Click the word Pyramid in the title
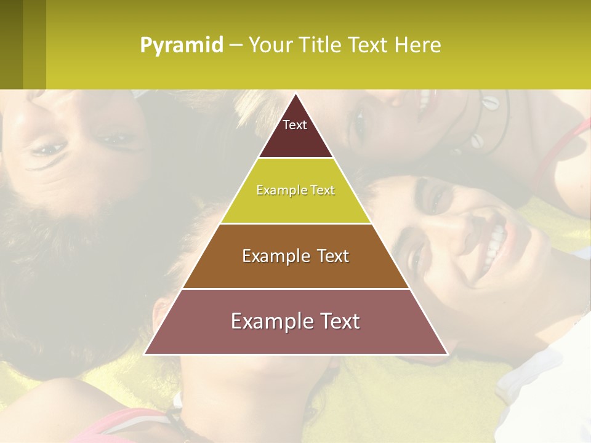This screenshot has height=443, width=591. point(182,46)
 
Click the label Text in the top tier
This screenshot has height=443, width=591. point(295,125)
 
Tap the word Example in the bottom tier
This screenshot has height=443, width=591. point(268,321)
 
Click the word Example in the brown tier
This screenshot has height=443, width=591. point(272,256)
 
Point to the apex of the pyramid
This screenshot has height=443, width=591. point(295,95)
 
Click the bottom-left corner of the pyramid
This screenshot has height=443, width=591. point(145,354)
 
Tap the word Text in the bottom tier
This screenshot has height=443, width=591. point(337,321)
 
